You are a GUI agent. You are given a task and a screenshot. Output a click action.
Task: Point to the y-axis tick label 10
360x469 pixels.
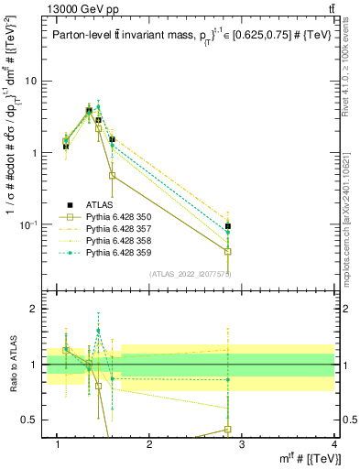(30, 81)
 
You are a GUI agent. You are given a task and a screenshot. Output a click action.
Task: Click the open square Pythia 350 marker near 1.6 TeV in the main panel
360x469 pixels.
(112, 175)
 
